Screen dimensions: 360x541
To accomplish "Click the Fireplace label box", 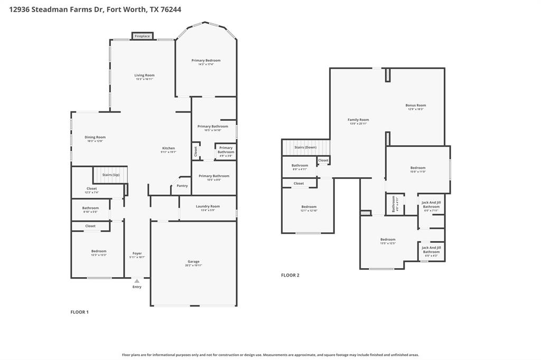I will [142, 36].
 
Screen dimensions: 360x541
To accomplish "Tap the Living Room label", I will [144, 75].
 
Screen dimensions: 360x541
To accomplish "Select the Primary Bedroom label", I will [206, 61].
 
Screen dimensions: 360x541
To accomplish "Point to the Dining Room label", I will [95, 137].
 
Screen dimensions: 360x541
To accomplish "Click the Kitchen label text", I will [168, 148].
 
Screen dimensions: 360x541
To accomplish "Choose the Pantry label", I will [182, 186].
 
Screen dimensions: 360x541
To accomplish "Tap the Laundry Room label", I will [208, 206].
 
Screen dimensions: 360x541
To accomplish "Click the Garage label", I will [193, 262].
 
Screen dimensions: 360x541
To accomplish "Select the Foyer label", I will [137, 253].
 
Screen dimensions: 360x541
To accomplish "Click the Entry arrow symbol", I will [137, 281].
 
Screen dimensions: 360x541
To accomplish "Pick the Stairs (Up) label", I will [110, 175].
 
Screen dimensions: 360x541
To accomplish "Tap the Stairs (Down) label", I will [305, 147].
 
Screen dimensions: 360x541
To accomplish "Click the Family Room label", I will [358, 120].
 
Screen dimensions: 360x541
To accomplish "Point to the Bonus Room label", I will [415, 106].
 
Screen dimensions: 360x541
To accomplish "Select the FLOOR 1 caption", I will [80, 312].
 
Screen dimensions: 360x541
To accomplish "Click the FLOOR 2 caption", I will [290, 275].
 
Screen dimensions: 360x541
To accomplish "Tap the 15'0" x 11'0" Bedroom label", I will [418, 168].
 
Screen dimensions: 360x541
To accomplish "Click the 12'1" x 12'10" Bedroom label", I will [309, 207].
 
